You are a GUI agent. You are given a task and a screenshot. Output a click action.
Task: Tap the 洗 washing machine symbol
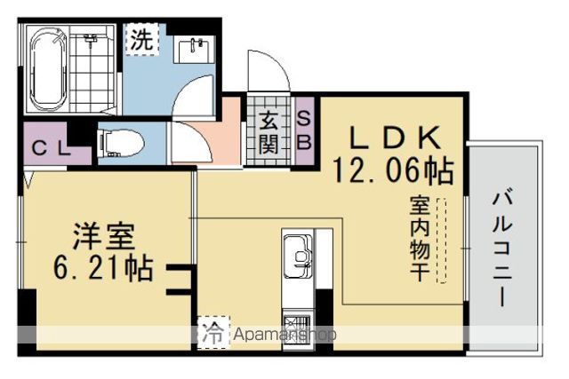pyautogui.click(x=142, y=39)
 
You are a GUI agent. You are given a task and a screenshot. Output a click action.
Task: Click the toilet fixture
pyautogui.click(x=121, y=144)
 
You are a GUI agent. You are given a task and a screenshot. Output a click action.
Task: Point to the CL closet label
pyautogui.click(x=51, y=148)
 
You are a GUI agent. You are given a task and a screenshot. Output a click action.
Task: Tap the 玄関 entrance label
pyautogui.click(x=268, y=132)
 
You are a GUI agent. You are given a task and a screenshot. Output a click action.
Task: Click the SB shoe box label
pyautogui.click(x=304, y=131)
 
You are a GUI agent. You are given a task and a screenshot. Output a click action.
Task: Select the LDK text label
pyautogui.click(x=396, y=138)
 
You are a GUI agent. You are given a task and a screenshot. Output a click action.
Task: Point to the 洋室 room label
pyautogui.click(x=104, y=236)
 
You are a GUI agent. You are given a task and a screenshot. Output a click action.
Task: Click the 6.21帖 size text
pyautogui.click(x=103, y=268)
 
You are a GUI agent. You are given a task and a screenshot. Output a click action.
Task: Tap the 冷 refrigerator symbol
pyautogui.click(x=213, y=333)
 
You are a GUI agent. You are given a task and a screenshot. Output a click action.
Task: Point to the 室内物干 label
pyautogui.click(x=421, y=239)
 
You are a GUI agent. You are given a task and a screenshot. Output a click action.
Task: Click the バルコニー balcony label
pyautogui.click(x=503, y=250)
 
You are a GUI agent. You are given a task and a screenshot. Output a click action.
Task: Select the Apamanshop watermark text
pyautogui.click(x=284, y=335)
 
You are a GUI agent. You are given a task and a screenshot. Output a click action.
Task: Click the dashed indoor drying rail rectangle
pyautogui.click(x=442, y=240)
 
